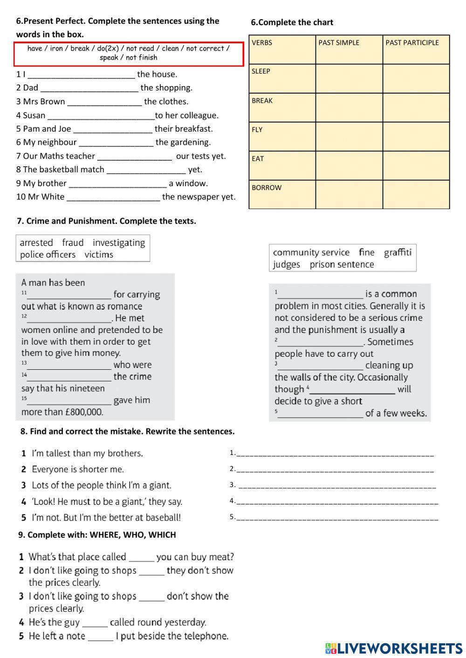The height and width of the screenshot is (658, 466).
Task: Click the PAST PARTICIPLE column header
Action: (412, 43)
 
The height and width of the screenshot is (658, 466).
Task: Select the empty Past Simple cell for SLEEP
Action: (349, 78)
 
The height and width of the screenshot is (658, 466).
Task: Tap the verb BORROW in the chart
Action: (267, 188)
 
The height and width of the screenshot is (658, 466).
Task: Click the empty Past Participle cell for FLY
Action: (416, 136)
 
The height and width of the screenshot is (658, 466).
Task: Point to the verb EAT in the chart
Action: (258, 159)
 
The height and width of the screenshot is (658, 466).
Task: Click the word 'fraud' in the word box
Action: (73, 243)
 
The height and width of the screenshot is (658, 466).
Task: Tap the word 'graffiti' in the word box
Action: (397, 252)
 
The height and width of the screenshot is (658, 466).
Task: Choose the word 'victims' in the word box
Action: (99, 255)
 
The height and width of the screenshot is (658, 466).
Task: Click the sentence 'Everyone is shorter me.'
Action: (78, 469)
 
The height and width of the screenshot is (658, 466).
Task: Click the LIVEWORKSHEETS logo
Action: (394, 648)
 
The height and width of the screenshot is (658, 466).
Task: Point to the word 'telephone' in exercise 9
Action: (205, 636)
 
